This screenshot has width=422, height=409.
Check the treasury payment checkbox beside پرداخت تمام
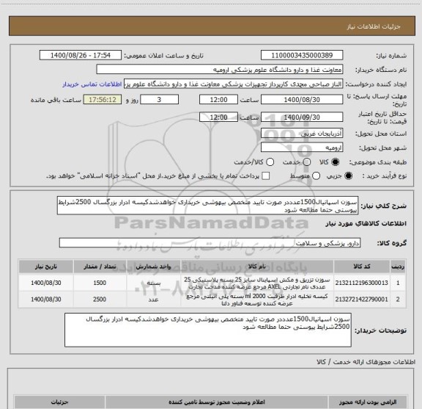[266, 176]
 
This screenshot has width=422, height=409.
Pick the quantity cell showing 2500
[100, 300]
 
